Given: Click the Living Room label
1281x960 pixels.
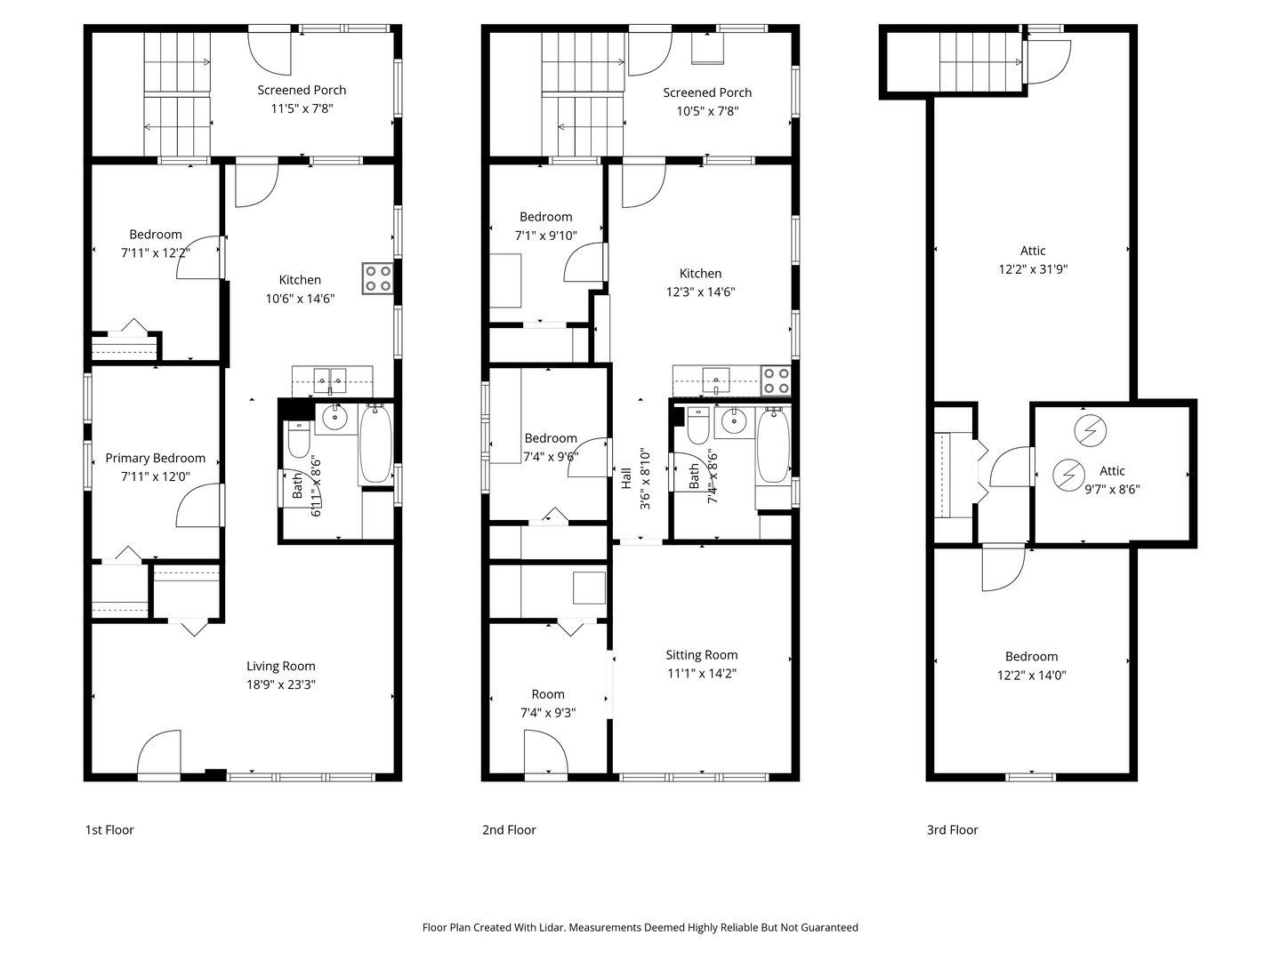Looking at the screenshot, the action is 281,667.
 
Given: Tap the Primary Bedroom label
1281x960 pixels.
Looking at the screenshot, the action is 156,458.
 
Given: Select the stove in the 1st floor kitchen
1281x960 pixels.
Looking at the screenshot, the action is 377,278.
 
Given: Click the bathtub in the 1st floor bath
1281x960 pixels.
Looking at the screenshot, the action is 375,444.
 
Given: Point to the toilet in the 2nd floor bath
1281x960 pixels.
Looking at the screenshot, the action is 698,426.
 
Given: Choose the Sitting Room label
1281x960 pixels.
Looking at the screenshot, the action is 702,655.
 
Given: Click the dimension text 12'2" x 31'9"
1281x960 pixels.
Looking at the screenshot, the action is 1033,269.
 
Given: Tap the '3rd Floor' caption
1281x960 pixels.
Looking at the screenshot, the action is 953,830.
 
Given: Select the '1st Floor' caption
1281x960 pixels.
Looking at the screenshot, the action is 109,830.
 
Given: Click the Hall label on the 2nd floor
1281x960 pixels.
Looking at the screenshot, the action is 627,478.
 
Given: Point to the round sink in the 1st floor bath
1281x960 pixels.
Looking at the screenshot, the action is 334,418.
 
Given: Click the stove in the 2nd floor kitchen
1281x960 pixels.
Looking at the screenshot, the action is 776,380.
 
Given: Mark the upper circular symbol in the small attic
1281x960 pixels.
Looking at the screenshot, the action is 1090,431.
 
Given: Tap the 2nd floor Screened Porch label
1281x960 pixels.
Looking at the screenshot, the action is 707,92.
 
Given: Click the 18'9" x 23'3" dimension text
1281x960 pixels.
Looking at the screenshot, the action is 281,684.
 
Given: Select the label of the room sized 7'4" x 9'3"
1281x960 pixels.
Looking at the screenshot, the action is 548,694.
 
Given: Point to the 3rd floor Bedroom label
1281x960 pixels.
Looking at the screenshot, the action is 1031,657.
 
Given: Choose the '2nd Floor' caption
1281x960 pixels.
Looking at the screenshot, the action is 509,830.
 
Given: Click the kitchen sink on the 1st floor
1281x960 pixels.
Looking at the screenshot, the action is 330,380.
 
